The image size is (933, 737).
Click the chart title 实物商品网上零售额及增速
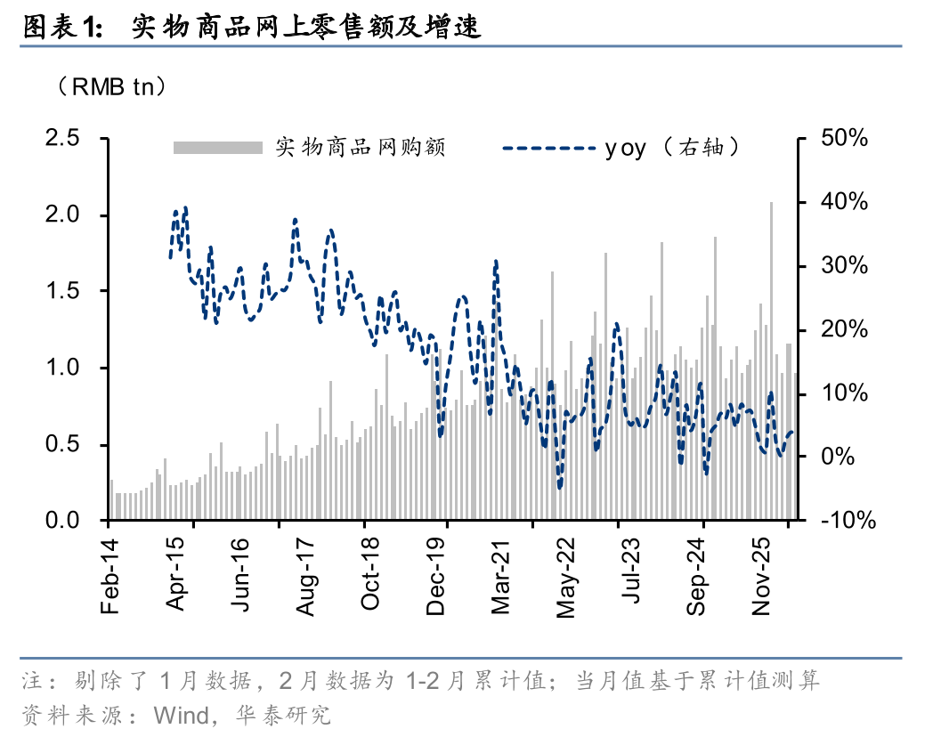tap(306, 28)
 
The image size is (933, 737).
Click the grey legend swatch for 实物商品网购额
tap(218, 148)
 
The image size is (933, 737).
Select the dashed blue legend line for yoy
tap(549, 148)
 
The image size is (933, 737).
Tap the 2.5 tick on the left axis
tap(62, 138)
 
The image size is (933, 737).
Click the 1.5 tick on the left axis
tap(62, 291)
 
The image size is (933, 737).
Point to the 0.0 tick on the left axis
tap(62, 521)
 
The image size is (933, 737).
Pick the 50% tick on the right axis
tap(844, 138)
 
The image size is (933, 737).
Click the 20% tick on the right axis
tap(844, 329)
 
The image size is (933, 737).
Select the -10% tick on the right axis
tap(848, 521)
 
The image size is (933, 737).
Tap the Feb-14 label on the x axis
tap(110, 577)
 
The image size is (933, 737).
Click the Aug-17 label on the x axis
tap(304, 577)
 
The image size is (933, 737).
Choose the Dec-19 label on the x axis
tap(435, 577)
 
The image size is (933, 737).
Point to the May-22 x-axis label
tap(565, 578)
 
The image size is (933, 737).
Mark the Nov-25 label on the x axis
tap(761, 577)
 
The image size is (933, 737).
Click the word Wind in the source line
tap(181, 716)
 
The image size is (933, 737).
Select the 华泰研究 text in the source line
tap(283, 716)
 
